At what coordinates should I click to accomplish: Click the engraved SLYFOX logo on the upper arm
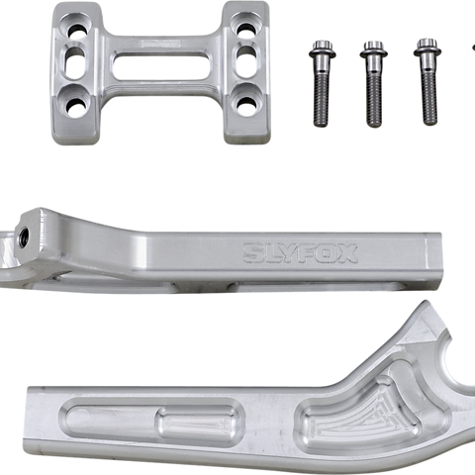[x=300, y=253]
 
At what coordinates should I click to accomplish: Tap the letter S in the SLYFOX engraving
[x=252, y=253]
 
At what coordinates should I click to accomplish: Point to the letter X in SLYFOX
[x=347, y=253]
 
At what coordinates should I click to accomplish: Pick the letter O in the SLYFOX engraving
[x=328, y=253]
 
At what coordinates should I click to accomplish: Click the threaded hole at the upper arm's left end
[x=24, y=235]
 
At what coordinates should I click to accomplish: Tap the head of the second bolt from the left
[x=373, y=49]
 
